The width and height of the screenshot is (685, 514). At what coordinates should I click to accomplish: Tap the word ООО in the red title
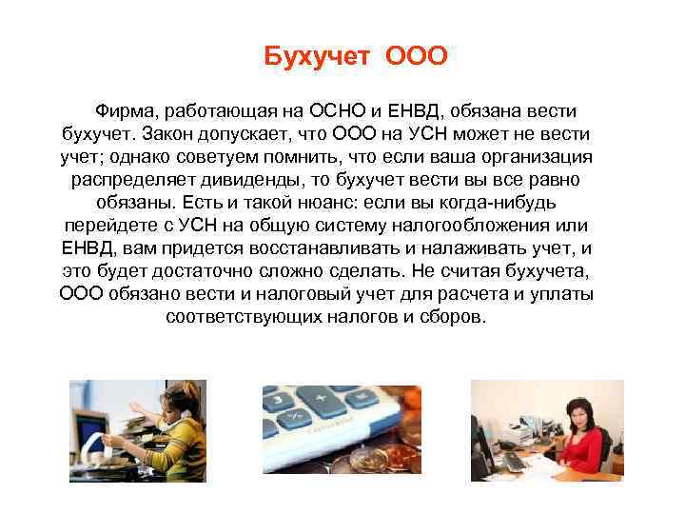click(x=416, y=58)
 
